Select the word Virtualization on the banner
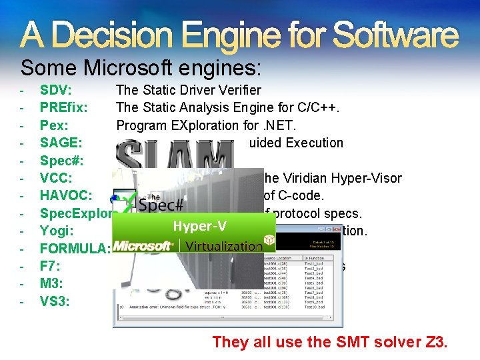223,246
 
